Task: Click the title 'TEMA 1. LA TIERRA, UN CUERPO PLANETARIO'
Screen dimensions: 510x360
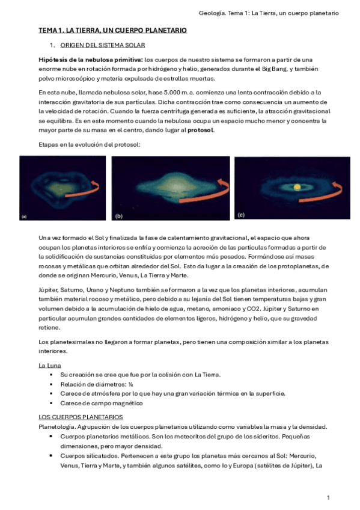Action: coord(112,30)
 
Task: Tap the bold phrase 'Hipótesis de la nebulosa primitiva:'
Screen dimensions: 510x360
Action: coord(90,60)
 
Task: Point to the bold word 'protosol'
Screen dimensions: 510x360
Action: coord(200,130)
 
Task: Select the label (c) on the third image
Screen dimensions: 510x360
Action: coord(241,214)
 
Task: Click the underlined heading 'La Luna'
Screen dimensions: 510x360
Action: coord(49,365)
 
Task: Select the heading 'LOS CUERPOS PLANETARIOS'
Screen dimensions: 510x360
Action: coord(80,417)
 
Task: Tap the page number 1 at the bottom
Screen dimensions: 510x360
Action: coord(328,497)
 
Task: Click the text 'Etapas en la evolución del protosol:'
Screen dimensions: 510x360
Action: coord(89,145)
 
